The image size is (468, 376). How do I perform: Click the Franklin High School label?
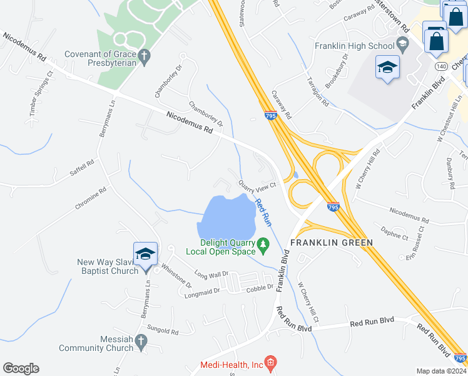[354, 46]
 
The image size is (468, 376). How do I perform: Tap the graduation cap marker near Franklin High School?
[387, 68]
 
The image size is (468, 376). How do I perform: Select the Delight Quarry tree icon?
[263, 243]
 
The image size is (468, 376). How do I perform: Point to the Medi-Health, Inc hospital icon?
[270, 363]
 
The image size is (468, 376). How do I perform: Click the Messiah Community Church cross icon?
[141, 342]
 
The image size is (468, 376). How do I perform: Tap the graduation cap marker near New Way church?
[145, 254]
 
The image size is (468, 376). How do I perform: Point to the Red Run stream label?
[263, 211]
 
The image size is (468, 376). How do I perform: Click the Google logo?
[21, 368]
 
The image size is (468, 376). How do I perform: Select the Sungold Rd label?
[163, 329]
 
